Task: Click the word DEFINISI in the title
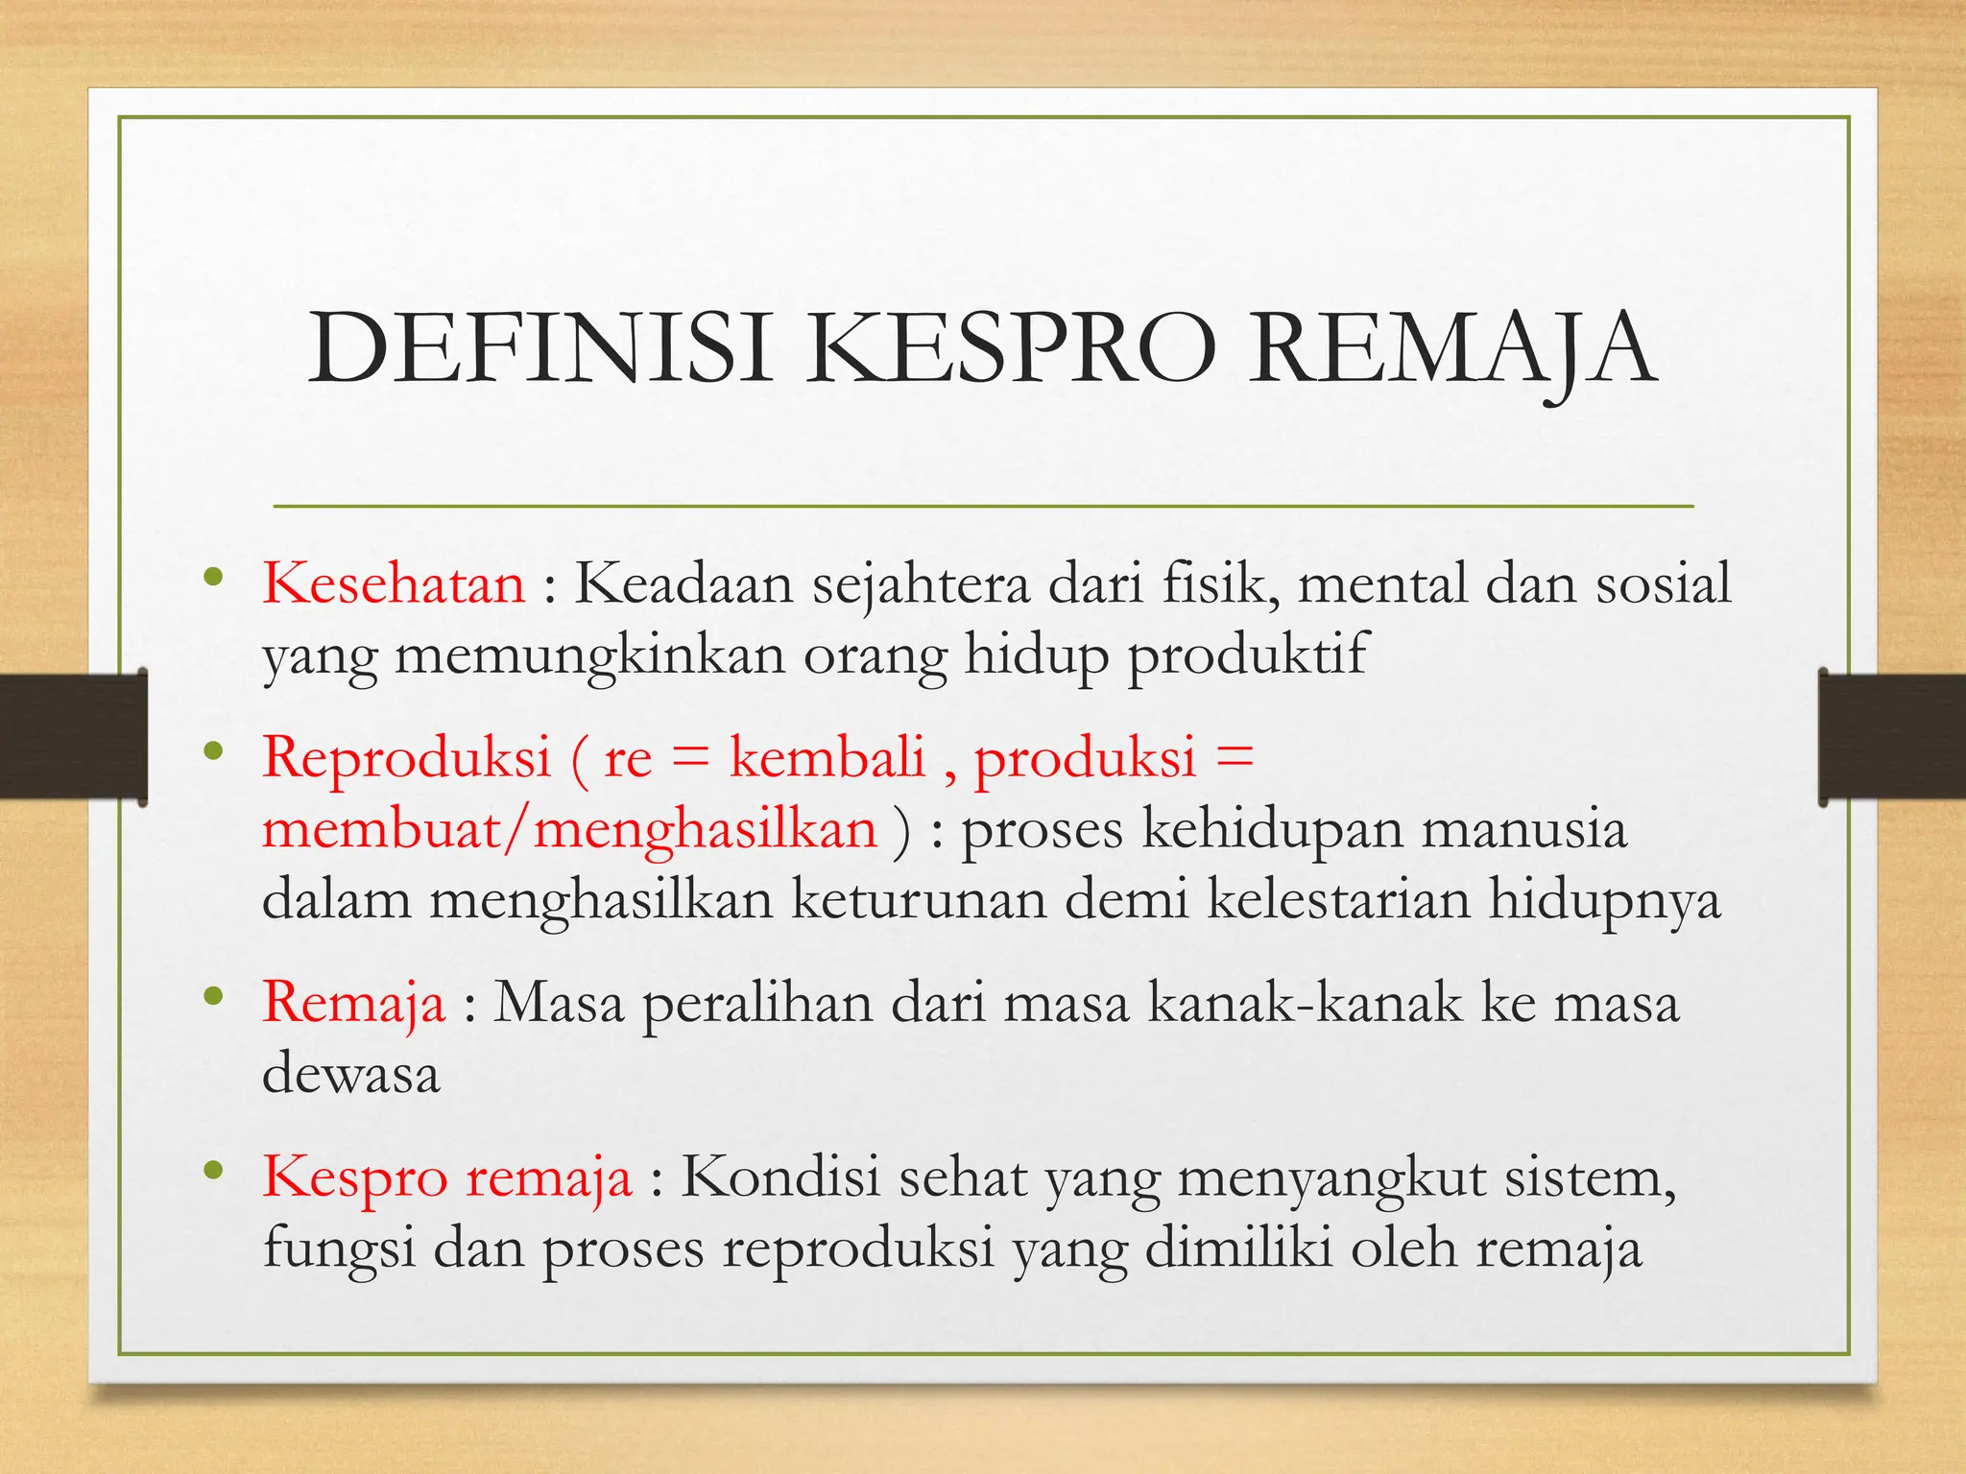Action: pyautogui.click(x=539, y=350)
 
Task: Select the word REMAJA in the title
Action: pyautogui.click(x=1451, y=350)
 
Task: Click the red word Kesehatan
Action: pyautogui.click(x=394, y=583)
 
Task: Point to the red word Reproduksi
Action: pyautogui.click(x=407, y=756)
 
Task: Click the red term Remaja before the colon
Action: pyautogui.click(x=353, y=1003)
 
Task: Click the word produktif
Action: pyautogui.click(x=1246, y=654)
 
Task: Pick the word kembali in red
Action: pyautogui.click(x=827, y=756)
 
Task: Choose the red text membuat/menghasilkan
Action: pyautogui.click(x=569, y=829)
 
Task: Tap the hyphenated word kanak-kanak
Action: pyautogui.click(x=1305, y=1003)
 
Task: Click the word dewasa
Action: pyautogui.click(x=351, y=1074)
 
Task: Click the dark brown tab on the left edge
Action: pyautogui.click(x=73, y=736)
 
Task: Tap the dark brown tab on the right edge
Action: pyautogui.click(x=1892, y=736)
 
